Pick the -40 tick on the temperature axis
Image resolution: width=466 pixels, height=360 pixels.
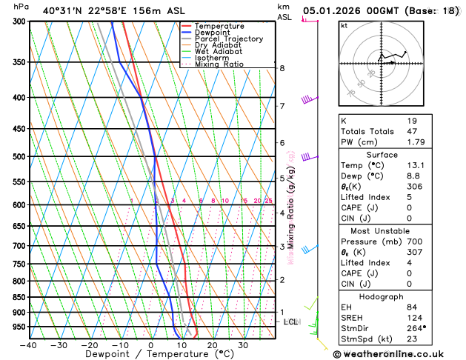coord(29,345)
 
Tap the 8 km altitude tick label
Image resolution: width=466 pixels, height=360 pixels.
coord(282,68)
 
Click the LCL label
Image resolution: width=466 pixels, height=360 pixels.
coord(290,322)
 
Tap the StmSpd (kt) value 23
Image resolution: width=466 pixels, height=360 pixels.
coord(412,339)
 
